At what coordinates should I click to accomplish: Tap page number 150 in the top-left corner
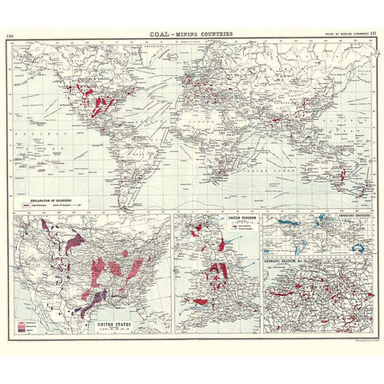click(10, 37)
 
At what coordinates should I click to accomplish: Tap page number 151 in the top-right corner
click(372, 34)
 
